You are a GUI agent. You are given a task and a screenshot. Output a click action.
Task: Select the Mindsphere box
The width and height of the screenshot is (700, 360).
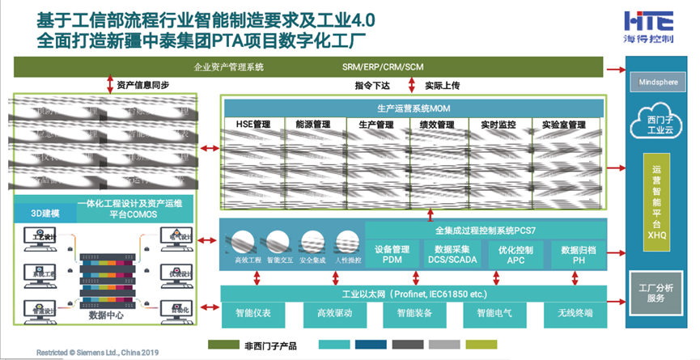point(656,82)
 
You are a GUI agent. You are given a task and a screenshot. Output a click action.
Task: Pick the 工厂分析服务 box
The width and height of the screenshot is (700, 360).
point(656,293)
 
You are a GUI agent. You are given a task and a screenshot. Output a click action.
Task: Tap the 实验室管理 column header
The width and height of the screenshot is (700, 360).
point(564,125)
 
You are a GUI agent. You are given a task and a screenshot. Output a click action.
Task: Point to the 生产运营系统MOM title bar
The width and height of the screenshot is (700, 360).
point(414,108)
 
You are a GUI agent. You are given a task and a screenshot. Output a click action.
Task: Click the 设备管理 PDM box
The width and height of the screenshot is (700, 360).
point(394,255)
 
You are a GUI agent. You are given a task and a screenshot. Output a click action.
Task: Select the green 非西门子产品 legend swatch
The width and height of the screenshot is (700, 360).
point(226,345)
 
